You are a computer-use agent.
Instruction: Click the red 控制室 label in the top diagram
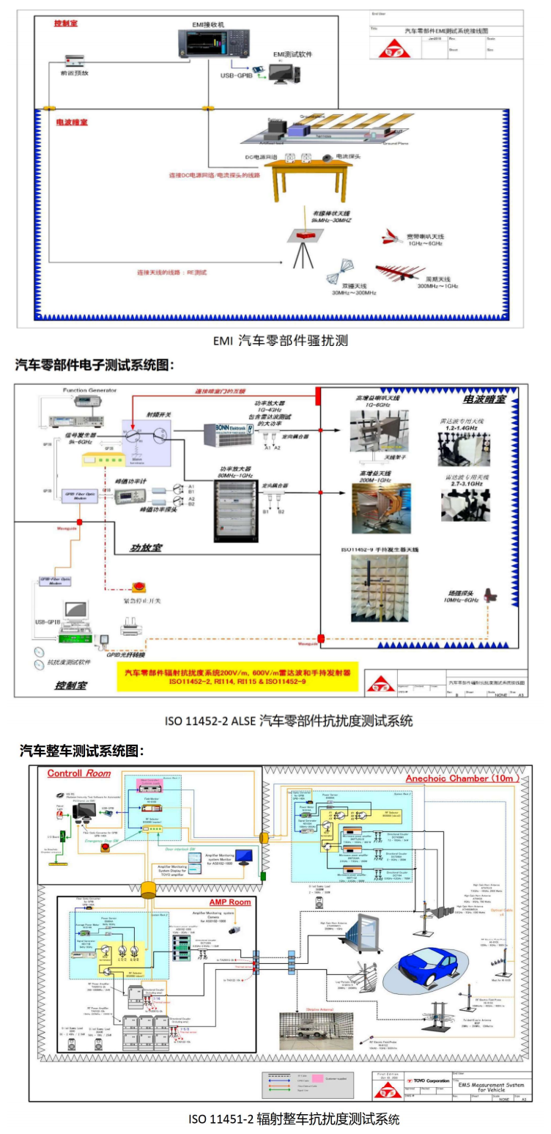pos(66,23)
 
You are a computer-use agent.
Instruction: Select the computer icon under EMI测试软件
pos(284,72)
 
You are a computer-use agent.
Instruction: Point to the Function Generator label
pos(85,391)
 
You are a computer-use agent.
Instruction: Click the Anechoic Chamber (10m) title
pos(462,778)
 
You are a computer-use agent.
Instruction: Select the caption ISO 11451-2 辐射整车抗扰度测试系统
pos(294,1119)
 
